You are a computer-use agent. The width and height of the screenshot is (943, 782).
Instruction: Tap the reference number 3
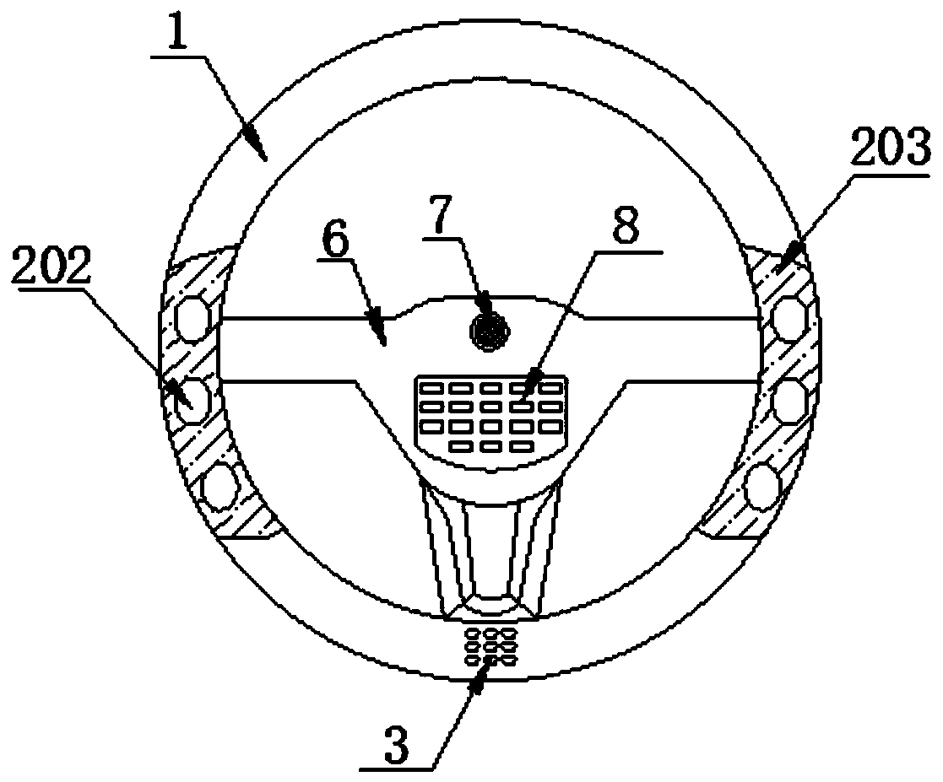398,747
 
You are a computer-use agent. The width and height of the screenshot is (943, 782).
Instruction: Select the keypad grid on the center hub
489,413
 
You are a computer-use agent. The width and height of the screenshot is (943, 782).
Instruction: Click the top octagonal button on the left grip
193,317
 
